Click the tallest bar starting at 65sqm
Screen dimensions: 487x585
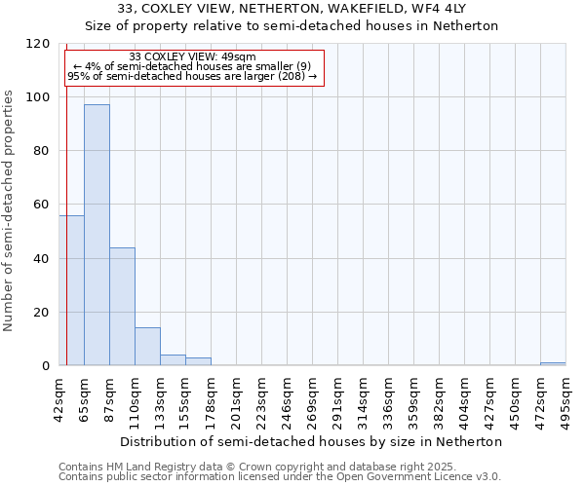coord(97,235)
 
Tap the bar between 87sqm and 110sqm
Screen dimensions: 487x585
coord(122,307)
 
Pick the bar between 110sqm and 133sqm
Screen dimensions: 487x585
coord(147,347)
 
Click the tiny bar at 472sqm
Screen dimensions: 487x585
coord(553,363)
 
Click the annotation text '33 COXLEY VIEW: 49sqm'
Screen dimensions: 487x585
coord(192,57)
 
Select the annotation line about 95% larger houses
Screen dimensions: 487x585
coord(192,76)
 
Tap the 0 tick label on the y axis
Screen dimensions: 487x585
coord(46,366)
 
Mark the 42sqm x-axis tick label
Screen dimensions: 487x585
coord(58,397)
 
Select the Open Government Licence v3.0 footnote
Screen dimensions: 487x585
coord(279,477)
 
